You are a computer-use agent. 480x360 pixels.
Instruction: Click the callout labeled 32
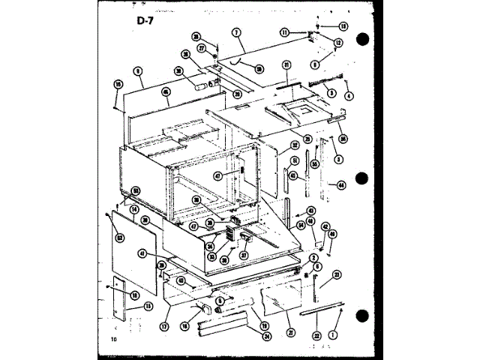[x=295, y=145]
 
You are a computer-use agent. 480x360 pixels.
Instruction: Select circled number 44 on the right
[x=341, y=184]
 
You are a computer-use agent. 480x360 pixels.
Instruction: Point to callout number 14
[x=133, y=209]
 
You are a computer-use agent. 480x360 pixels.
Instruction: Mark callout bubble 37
[x=244, y=253]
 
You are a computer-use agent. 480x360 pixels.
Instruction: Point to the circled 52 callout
[x=118, y=239]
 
